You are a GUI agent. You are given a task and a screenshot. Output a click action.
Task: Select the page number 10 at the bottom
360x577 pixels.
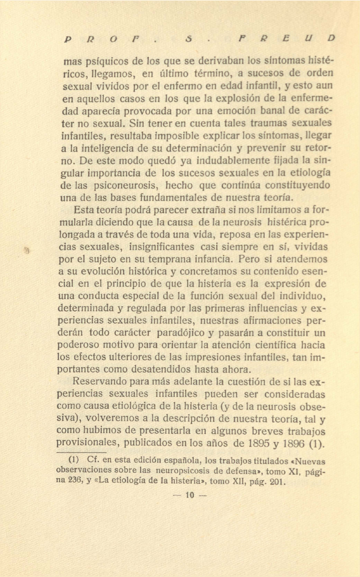(x=190, y=495)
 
